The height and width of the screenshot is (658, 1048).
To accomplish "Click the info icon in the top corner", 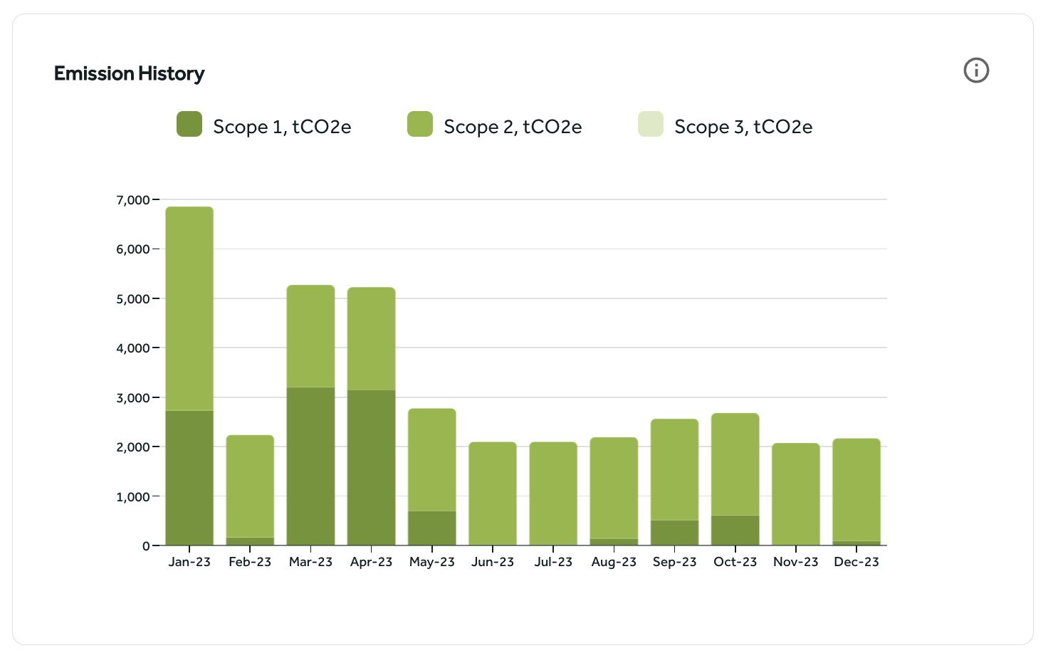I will coord(976,70).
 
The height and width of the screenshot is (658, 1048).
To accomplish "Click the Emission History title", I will coord(129,73).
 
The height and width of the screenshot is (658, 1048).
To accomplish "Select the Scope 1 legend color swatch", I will coord(189,124).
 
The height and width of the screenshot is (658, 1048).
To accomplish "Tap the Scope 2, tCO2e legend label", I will coord(513,127).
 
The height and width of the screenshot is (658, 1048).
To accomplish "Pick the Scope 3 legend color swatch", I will coord(651,124).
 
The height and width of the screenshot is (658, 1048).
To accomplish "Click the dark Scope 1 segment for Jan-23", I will coord(189,477).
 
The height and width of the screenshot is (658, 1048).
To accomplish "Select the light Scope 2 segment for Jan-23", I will coord(189,308).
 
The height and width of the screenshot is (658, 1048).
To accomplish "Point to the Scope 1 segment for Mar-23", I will coord(311,466).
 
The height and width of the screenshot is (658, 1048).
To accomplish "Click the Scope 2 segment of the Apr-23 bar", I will coord(372,338).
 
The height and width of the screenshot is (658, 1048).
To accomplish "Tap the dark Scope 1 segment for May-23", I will coord(432,528).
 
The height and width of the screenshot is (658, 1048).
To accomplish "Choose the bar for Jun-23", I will coord(493,493).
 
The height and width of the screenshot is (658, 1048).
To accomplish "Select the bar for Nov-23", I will coord(796,494).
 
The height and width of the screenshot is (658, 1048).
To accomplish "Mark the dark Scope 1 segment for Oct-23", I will coord(735,530).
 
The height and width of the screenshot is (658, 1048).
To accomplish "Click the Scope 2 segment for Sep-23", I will coord(675,469).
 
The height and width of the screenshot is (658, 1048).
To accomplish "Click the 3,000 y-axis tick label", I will coord(133,398).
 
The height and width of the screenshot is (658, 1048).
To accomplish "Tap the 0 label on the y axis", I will coord(146,546).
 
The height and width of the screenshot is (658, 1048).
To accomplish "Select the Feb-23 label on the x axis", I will coord(250,562).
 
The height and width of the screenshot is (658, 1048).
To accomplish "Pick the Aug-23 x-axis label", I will coord(614,562).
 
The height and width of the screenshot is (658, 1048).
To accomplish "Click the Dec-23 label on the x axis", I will coord(856,562).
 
